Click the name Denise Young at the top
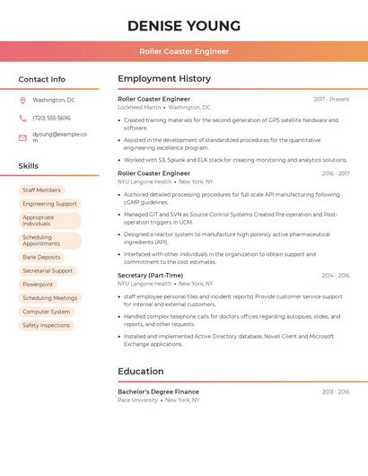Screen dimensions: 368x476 point(184,25)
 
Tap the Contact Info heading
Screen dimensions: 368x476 point(42,79)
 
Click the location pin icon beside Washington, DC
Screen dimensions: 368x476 point(22,100)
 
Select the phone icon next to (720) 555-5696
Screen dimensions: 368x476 point(22,118)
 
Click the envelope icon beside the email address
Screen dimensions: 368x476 point(22,137)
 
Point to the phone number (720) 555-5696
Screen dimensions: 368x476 point(51,118)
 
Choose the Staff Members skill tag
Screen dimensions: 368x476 point(41,190)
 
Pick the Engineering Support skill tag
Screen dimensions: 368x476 point(49,204)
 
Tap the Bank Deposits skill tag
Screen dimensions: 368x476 point(41,257)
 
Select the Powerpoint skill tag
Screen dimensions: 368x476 point(38,284)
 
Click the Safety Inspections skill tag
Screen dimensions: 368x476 point(46,325)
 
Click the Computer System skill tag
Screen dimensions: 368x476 point(46,312)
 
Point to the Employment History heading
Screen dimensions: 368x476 point(164,79)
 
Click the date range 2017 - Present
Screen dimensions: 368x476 point(331,99)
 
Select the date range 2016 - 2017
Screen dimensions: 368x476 point(335,173)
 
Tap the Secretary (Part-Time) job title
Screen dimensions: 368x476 point(150,275)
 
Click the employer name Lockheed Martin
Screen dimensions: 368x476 point(139,107)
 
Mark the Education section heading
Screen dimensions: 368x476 point(141,371)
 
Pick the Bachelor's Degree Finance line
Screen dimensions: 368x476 point(158,392)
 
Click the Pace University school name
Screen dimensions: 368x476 point(137,400)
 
